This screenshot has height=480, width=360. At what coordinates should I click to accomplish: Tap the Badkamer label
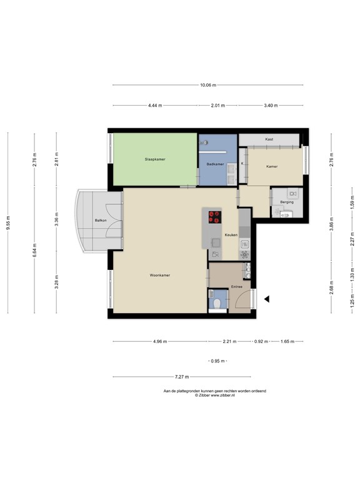pos(215,164)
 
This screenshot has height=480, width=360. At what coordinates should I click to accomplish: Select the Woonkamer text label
pos(160,274)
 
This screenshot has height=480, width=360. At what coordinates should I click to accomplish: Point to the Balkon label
pos(99,221)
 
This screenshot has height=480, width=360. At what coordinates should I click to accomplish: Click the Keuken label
pos(231,235)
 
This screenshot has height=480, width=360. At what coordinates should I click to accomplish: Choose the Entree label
pos(236,286)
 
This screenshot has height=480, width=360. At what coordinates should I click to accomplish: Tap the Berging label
pos(287,202)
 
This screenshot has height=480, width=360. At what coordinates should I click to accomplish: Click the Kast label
pos(269,139)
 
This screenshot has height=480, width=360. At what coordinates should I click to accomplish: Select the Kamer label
pos(272,167)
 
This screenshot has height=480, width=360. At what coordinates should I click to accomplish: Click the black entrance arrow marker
pos(266,299)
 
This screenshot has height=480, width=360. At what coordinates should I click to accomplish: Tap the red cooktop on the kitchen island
pos(214,217)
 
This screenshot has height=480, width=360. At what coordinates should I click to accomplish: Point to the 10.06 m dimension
pos(209,86)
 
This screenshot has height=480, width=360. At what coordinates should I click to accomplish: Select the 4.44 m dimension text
pos(155,106)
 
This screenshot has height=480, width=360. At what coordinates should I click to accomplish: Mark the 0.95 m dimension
pos(216,362)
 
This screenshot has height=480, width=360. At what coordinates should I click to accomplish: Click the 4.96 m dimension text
pos(159,342)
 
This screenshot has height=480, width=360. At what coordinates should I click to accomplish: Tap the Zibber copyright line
pos(214,395)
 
